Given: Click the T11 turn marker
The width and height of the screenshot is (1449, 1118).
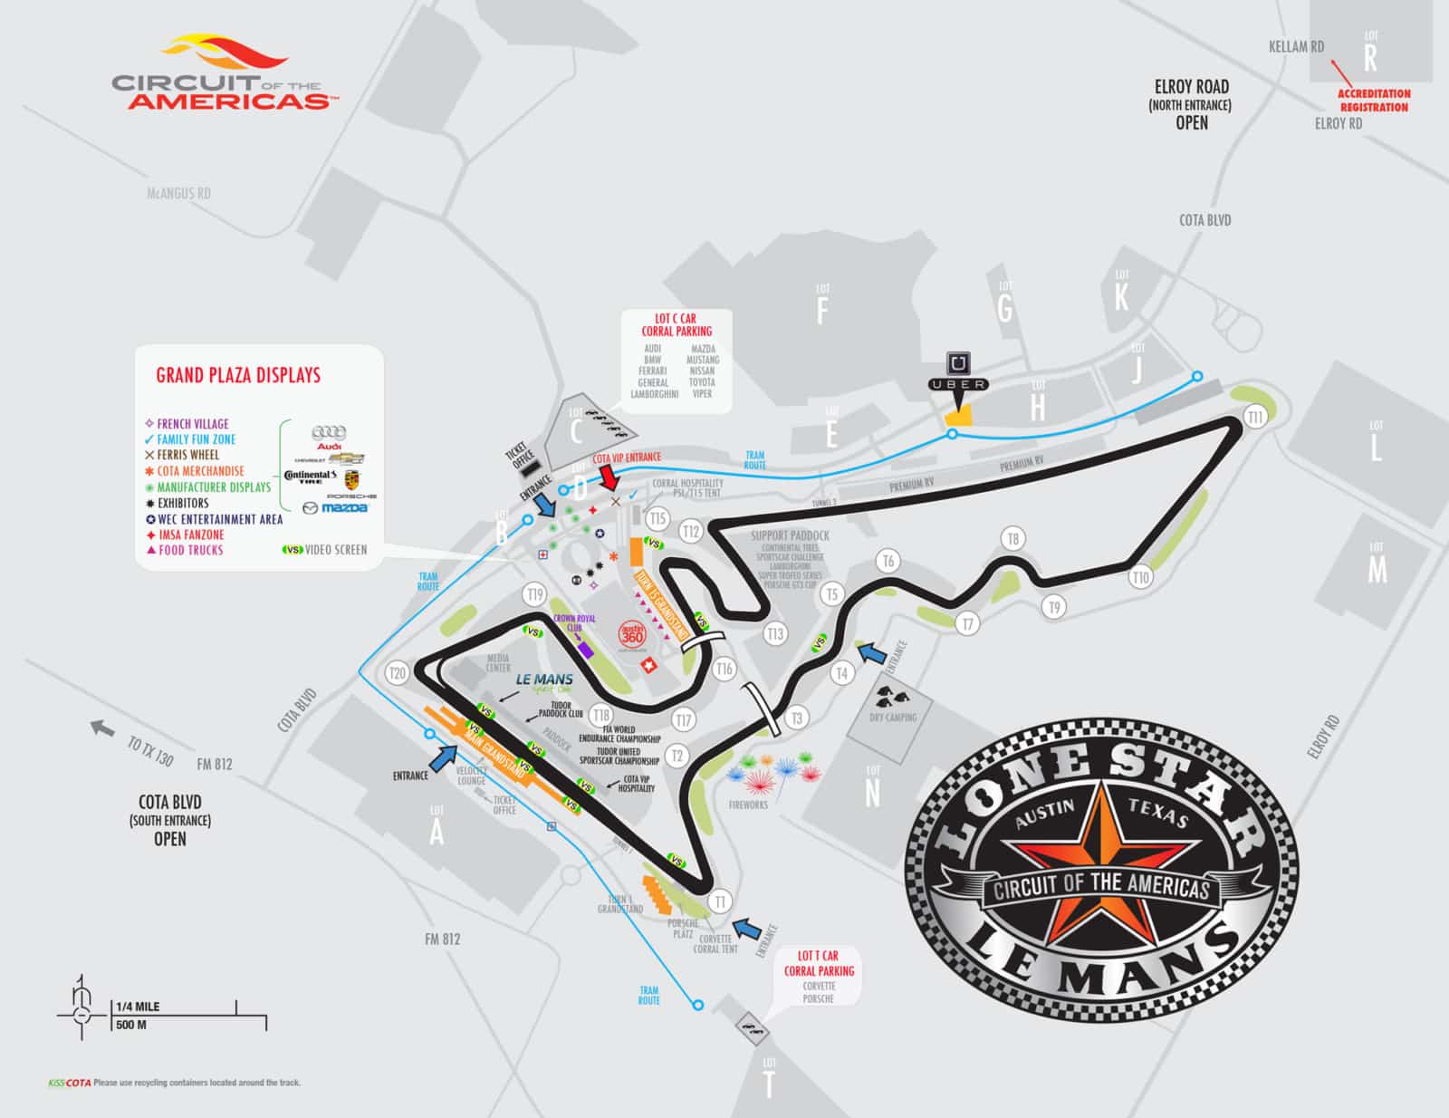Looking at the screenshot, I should [1255, 417].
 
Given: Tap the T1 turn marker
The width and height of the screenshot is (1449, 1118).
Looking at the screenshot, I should [720, 901].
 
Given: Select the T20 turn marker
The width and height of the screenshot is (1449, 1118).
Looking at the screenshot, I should [396, 673].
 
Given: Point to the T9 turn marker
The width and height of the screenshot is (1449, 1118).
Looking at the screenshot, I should [1051, 607].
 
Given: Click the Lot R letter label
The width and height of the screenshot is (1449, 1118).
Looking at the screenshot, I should [1370, 58].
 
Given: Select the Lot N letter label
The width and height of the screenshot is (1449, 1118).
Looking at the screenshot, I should [872, 793].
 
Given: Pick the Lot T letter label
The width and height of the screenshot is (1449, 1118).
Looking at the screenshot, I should [770, 1085].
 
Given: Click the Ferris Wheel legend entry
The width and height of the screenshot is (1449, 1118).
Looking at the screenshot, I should [187, 455].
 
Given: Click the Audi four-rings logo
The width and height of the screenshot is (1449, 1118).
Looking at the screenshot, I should [328, 434].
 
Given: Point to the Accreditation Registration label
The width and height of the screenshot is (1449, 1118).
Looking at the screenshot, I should [1374, 100].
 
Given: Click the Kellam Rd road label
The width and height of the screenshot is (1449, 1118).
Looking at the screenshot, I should [1296, 47].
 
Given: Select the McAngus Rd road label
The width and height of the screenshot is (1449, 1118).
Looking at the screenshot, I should [178, 193].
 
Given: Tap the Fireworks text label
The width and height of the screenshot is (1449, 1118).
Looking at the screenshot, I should [748, 805].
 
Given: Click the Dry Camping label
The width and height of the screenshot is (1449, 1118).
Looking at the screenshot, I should [893, 718].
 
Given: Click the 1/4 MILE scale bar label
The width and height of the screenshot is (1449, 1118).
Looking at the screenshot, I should [138, 1007].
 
